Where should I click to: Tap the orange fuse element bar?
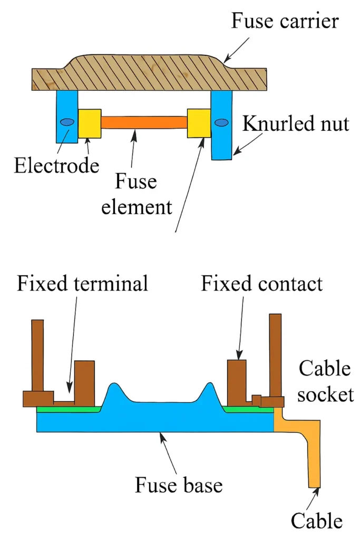[x=144, y=122]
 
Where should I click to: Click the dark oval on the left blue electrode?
[x=67, y=122]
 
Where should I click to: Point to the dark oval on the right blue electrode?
[x=222, y=122]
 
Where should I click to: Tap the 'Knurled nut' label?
[x=296, y=124]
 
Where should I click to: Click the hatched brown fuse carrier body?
[x=148, y=74]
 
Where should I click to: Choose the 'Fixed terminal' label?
[x=82, y=284]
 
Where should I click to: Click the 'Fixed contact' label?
[x=261, y=284]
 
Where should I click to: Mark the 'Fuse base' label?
[x=179, y=484]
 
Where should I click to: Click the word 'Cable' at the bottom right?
[x=316, y=521]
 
